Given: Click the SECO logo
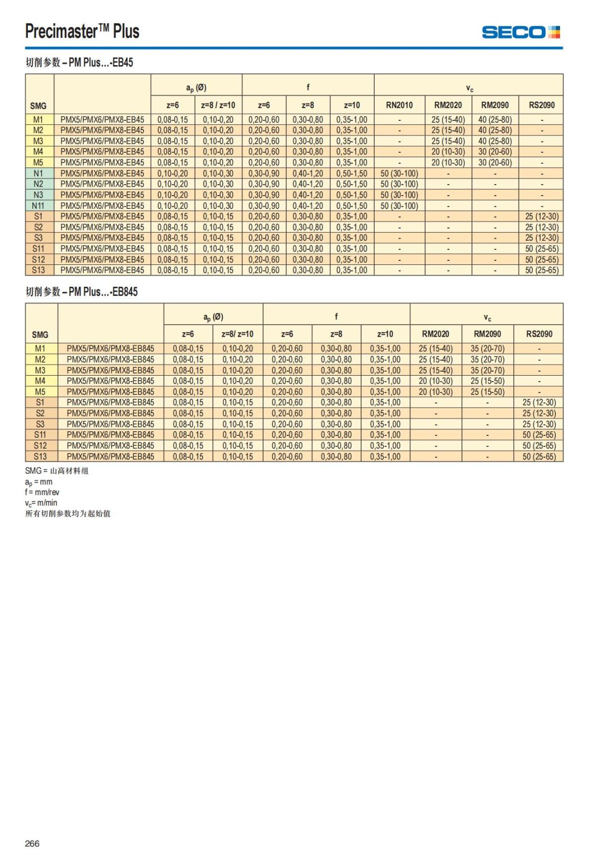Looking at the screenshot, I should [x=521, y=32].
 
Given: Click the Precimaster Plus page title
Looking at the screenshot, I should [x=82, y=31].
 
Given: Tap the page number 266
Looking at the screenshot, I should [x=32, y=843].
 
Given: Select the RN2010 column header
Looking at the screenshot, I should [x=399, y=105].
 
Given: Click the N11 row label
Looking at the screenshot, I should [x=38, y=206].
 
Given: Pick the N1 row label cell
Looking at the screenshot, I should [x=38, y=173].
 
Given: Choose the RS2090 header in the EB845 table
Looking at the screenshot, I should [x=539, y=334].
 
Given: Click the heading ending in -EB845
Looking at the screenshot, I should [x=81, y=292].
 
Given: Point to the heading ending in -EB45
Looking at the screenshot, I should [x=79, y=63].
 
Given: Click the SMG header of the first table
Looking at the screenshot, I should [x=38, y=106].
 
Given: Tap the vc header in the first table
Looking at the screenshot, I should [x=469, y=88].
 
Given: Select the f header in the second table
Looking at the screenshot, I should [x=336, y=317].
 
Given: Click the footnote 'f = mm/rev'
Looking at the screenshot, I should [x=42, y=492].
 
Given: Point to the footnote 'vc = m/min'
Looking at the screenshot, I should [x=41, y=503].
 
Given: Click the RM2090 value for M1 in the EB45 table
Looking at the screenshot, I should [x=495, y=120].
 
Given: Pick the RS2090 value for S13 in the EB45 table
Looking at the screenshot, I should [x=541, y=270].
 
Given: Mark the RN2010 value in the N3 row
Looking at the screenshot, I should [x=399, y=195].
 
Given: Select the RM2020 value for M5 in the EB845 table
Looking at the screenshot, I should [x=435, y=392].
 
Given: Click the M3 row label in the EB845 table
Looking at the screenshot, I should [x=40, y=370].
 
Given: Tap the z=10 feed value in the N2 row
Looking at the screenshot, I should [x=352, y=184].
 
